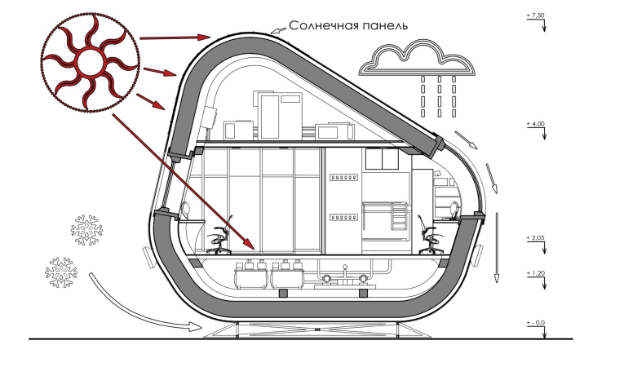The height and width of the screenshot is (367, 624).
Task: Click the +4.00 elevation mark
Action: [x=535, y=123]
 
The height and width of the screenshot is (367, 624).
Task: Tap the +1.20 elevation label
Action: [x=535, y=273]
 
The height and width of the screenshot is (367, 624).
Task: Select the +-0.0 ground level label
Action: [x=535, y=324]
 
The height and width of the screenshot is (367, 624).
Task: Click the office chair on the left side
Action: [x=221, y=238]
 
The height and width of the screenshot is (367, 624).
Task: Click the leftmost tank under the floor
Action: [x=250, y=277]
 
